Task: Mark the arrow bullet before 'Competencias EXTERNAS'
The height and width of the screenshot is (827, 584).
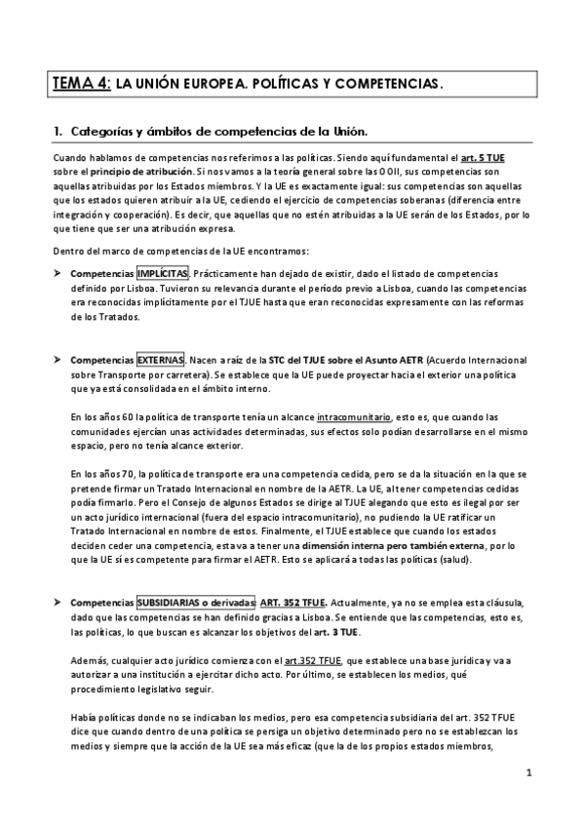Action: tap(58, 361)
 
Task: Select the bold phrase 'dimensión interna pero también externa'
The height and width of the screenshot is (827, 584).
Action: tap(372, 548)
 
